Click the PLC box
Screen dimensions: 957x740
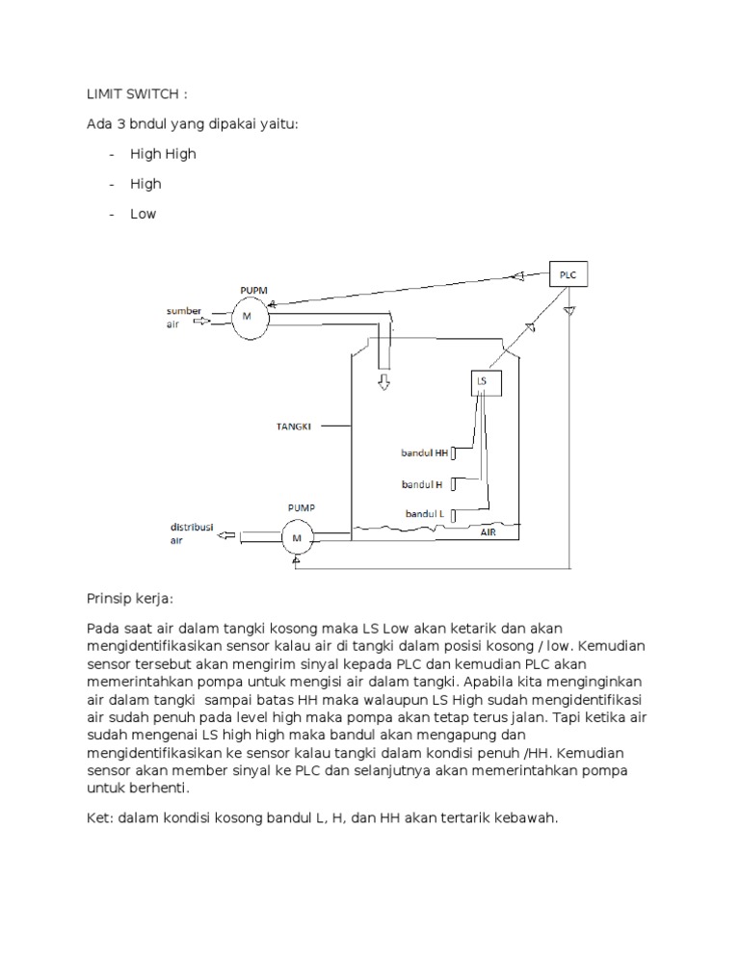pyautogui.click(x=567, y=274)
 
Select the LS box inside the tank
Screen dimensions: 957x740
pyautogui.click(x=482, y=381)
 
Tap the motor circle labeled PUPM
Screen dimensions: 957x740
pyautogui.click(x=248, y=317)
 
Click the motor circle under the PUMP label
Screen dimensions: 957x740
pyautogui.click(x=297, y=537)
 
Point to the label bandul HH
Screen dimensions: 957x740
pyautogui.click(x=425, y=452)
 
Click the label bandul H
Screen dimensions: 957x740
pyautogui.click(x=422, y=484)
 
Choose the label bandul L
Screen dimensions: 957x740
pyautogui.click(x=424, y=514)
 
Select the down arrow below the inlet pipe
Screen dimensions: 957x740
pyautogui.click(x=383, y=382)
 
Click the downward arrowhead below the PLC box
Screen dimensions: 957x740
pyautogui.click(x=569, y=310)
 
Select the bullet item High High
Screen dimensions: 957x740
pyautogui.click(x=163, y=154)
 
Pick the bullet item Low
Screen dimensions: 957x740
pyautogui.click(x=143, y=214)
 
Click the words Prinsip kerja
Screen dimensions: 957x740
pyautogui.click(x=129, y=599)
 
